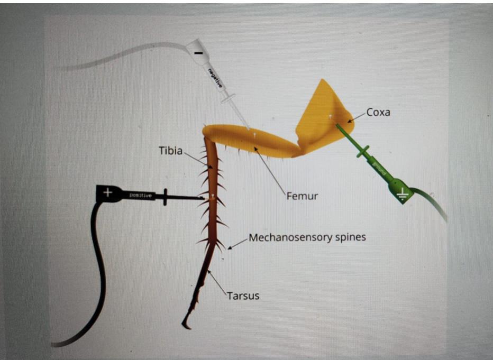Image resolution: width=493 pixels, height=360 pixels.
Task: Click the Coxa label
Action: coord(378,113)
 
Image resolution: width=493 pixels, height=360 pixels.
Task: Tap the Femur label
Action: coord(302,196)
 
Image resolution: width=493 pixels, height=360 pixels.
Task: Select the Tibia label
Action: coord(170,151)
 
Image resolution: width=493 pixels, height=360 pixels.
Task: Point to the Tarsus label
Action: coord(243,296)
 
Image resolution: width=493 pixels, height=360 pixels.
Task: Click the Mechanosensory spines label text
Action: coord(307,237)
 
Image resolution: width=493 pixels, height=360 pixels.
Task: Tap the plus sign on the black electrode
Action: coord(107,193)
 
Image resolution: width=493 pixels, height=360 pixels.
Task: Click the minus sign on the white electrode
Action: coord(197,53)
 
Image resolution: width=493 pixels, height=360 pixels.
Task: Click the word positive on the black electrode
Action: coord(140,196)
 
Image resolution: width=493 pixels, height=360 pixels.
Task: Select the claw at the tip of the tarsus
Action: coord(186,324)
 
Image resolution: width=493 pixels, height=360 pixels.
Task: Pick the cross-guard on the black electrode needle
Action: coord(166,197)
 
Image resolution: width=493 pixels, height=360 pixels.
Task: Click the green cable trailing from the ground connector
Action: coord(431,204)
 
